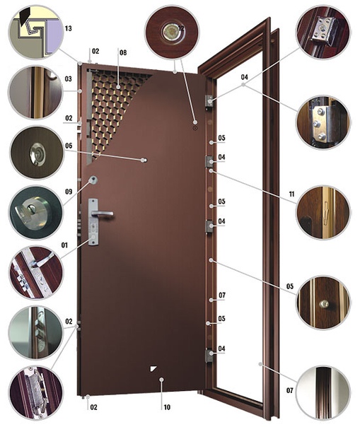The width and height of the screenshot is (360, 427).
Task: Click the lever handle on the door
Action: click(102, 213)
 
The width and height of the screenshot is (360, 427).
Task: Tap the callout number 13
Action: click(68, 28)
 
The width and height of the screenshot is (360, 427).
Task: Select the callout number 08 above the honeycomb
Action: click(123, 52)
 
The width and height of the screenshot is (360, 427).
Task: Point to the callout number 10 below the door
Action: click(167, 407)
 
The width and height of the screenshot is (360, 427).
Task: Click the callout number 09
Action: click(69, 192)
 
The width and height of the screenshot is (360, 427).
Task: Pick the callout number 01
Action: click(64, 245)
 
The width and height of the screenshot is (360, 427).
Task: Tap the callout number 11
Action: click(291, 194)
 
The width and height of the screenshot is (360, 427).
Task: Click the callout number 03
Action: click(68, 79)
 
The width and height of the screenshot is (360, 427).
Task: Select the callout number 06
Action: click(69, 146)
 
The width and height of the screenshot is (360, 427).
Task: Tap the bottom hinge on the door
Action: click(209, 356)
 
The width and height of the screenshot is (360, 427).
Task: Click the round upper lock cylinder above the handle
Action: click(93, 180)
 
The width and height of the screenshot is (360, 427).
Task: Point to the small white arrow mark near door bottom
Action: click(153, 368)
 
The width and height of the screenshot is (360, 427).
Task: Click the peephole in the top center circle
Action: click(171, 32)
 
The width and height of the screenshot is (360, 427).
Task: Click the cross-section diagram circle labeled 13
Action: click(35, 32)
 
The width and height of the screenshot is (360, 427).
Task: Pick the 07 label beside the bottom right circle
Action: click(289, 391)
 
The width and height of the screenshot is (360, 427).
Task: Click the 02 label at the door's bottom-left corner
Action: click(93, 407)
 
